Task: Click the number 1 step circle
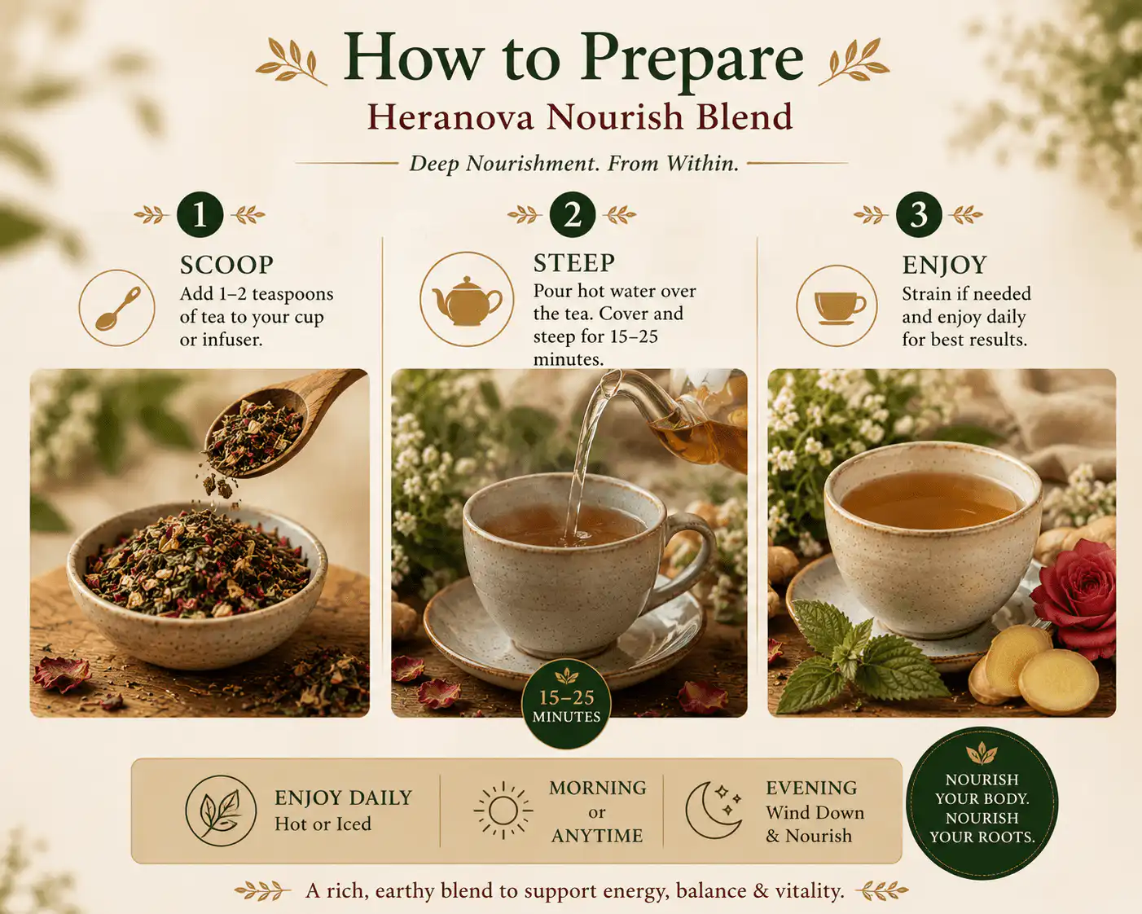pos(200,214)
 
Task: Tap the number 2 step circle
pos(572,214)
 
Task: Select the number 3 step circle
pos(919,214)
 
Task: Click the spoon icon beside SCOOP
pos(117,308)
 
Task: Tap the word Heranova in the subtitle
pos(450,116)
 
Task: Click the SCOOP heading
pos(226,265)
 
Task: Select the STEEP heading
pos(574,263)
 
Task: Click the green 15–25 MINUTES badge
pos(566,704)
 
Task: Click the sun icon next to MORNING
pos(503,811)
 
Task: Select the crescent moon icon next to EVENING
pos(711,811)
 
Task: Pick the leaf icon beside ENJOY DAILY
pos(221,811)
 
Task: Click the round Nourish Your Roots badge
pos(982,803)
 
